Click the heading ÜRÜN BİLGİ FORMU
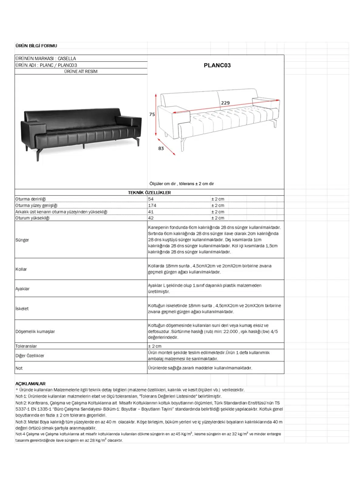[x=36, y=46]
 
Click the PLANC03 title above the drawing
[x=217, y=65]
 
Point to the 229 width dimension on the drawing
[x=225, y=103]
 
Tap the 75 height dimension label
[x=152, y=115]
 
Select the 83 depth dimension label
[x=161, y=149]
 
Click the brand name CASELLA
[x=67, y=58]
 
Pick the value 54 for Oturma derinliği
[x=151, y=199]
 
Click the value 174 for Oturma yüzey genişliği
[x=152, y=205]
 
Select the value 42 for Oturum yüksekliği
[x=151, y=218]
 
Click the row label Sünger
[x=22, y=240]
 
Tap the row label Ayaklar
[x=22, y=289]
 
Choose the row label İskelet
[x=22, y=309]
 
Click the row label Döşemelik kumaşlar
[x=35, y=331]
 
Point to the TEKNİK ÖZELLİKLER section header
[x=149, y=193]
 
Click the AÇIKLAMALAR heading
[x=30, y=384]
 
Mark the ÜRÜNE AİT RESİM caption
[x=81, y=71]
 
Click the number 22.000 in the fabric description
[x=231, y=331]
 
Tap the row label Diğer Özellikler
[x=30, y=356]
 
